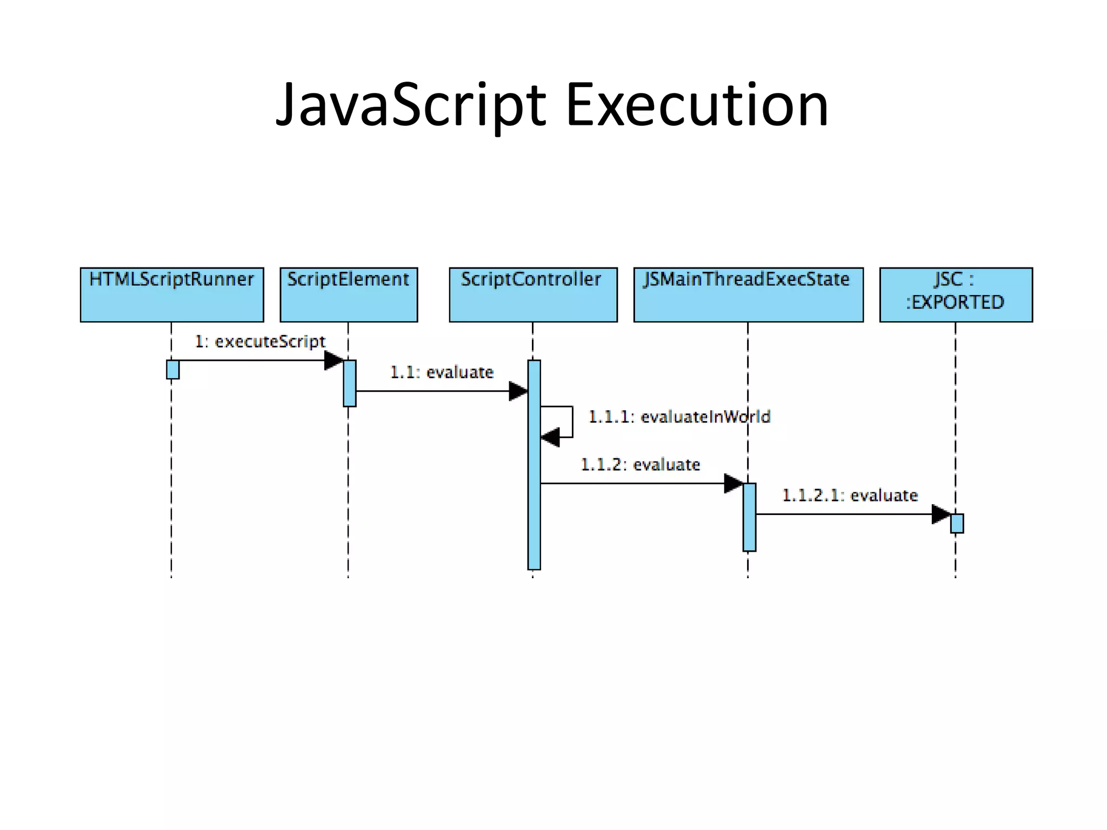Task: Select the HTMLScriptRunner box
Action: point(172,294)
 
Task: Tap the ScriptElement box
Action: point(349,294)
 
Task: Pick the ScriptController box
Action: point(533,294)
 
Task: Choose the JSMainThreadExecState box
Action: point(748,294)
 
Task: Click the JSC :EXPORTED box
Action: point(956,294)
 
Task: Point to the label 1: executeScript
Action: point(260,342)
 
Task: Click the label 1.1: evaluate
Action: point(442,372)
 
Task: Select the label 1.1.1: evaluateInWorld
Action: point(679,417)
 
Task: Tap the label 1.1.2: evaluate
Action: point(640,465)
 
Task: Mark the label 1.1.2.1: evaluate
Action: point(850,496)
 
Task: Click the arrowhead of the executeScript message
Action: point(334,360)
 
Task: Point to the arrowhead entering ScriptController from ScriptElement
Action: point(518,391)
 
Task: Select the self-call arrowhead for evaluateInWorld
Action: point(550,437)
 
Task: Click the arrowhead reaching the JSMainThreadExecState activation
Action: point(733,484)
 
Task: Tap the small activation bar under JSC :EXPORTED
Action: point(957,524)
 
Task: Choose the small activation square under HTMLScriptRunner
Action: point(172,370)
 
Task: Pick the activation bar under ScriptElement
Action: point(349,383)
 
